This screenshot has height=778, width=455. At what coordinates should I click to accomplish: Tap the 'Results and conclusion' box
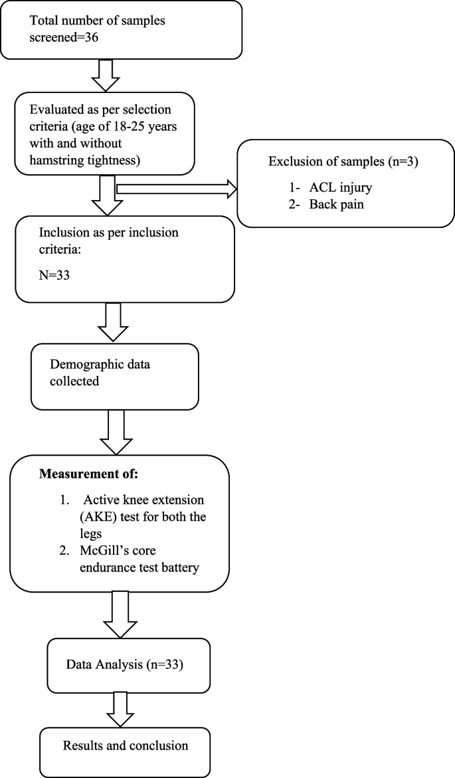(x=125, y=746)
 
